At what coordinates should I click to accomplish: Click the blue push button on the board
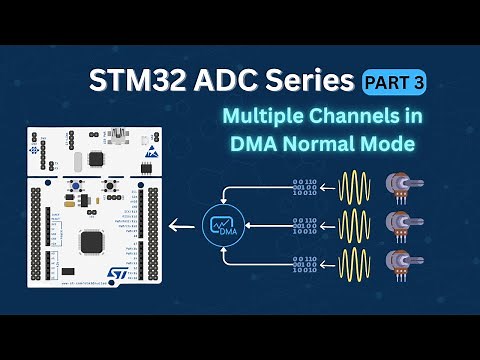coord(103,187)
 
